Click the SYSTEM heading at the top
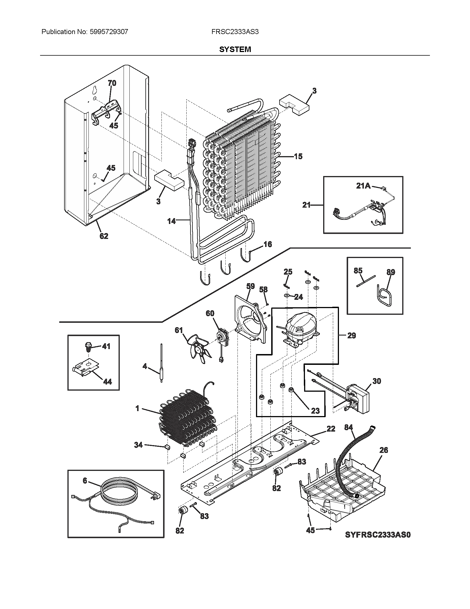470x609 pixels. (235, 49)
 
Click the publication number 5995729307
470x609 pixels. (109, 32)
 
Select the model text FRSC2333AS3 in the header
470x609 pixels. (235, 32)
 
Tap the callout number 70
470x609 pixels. (112, 83)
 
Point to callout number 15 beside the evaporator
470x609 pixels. (298, 156)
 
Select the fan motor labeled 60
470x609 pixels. (222, 338)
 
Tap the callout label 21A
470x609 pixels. (363, 186)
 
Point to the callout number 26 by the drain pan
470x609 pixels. (384, 450)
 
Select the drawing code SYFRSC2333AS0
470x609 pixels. (378, 535)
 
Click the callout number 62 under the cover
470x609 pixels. (104, 236)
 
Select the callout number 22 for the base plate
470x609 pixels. (331, 429)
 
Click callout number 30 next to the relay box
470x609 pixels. (377, 381)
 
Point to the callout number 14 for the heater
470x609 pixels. (171, 221)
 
